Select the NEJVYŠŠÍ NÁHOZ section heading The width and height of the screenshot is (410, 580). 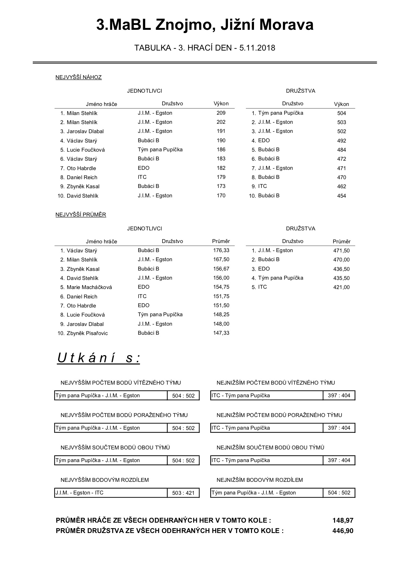(78, 77)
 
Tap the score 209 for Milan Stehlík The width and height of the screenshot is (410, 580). (221, 113)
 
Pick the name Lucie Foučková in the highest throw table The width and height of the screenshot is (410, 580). (86, 150)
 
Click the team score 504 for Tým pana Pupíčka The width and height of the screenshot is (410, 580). (342, 113)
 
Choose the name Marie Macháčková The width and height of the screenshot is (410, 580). (89, 287)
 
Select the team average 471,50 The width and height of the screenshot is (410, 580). (341, 251)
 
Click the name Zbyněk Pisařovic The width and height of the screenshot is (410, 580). (87, 333)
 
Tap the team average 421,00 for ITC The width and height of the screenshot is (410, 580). (341, 287)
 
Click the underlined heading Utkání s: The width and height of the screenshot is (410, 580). (99, 358)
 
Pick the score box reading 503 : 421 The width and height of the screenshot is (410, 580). (183, 493)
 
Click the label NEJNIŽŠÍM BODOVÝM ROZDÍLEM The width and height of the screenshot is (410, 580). (259, 480)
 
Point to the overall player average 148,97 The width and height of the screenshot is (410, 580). (343, 521)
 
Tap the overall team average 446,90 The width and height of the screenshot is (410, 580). (343, 531)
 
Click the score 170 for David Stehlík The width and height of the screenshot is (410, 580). (221, 196)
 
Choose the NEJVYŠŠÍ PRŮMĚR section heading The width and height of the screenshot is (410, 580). (81, 215)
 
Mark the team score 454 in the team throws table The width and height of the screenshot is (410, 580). (342, 196)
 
